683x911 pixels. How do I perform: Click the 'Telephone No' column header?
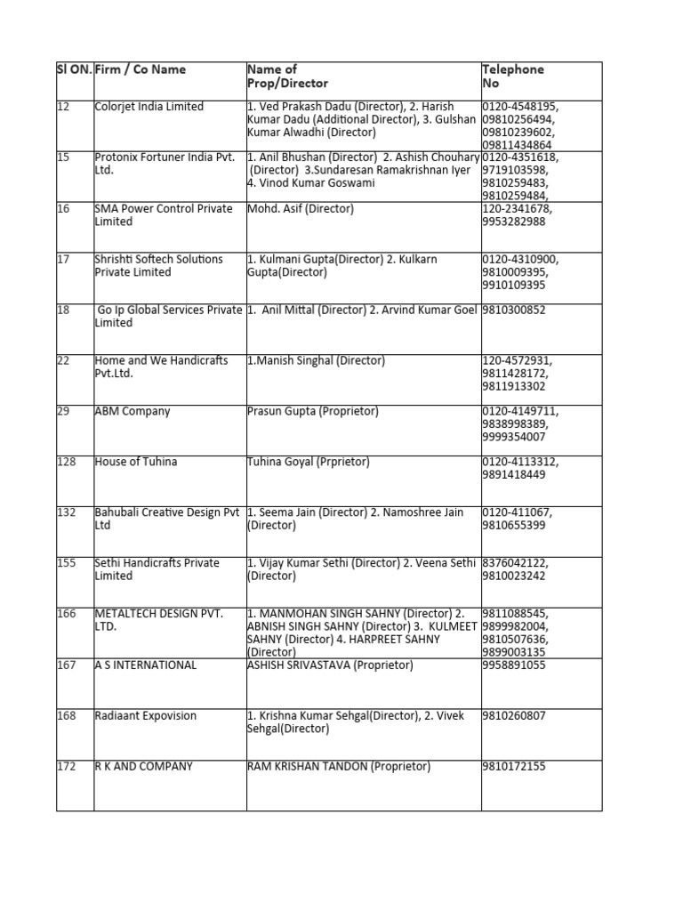pyautogui.click(x=513, y=77)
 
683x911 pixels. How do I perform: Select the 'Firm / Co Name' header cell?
pyautogui.click(x=141, y=69)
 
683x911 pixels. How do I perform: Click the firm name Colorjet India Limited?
pyautogui.click(x=149, y=107)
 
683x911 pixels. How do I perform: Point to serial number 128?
pyautogui.click(x=67, y=462)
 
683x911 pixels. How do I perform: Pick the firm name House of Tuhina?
pyautogui.click(x=136, y=462)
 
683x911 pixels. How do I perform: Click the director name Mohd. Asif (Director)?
pyautogui.click(x=301, y=209)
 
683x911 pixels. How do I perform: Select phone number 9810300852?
pyautogui.click(x=513, y=310)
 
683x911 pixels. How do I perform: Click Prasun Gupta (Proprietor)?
pyautogui.click(x=313, y=412)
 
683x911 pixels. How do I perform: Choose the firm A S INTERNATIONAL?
pyautogui.click(x=146, y=665)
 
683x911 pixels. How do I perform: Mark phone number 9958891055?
pyautogui.click(x=513, y=665)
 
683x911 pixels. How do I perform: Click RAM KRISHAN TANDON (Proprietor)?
pyautogui.click(x=339, y=767)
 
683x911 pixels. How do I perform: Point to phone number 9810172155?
pyautogui.click(x=513, y=767)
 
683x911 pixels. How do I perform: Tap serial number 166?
pyautogui.click(x=67, y=615)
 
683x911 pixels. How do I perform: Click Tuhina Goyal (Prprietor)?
pyautogui.click(x=309, y=462)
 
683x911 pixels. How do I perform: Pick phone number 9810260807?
pyautogui.click(x=513, y=716)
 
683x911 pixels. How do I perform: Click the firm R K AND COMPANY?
pyautogui.click(x=144, y=767)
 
